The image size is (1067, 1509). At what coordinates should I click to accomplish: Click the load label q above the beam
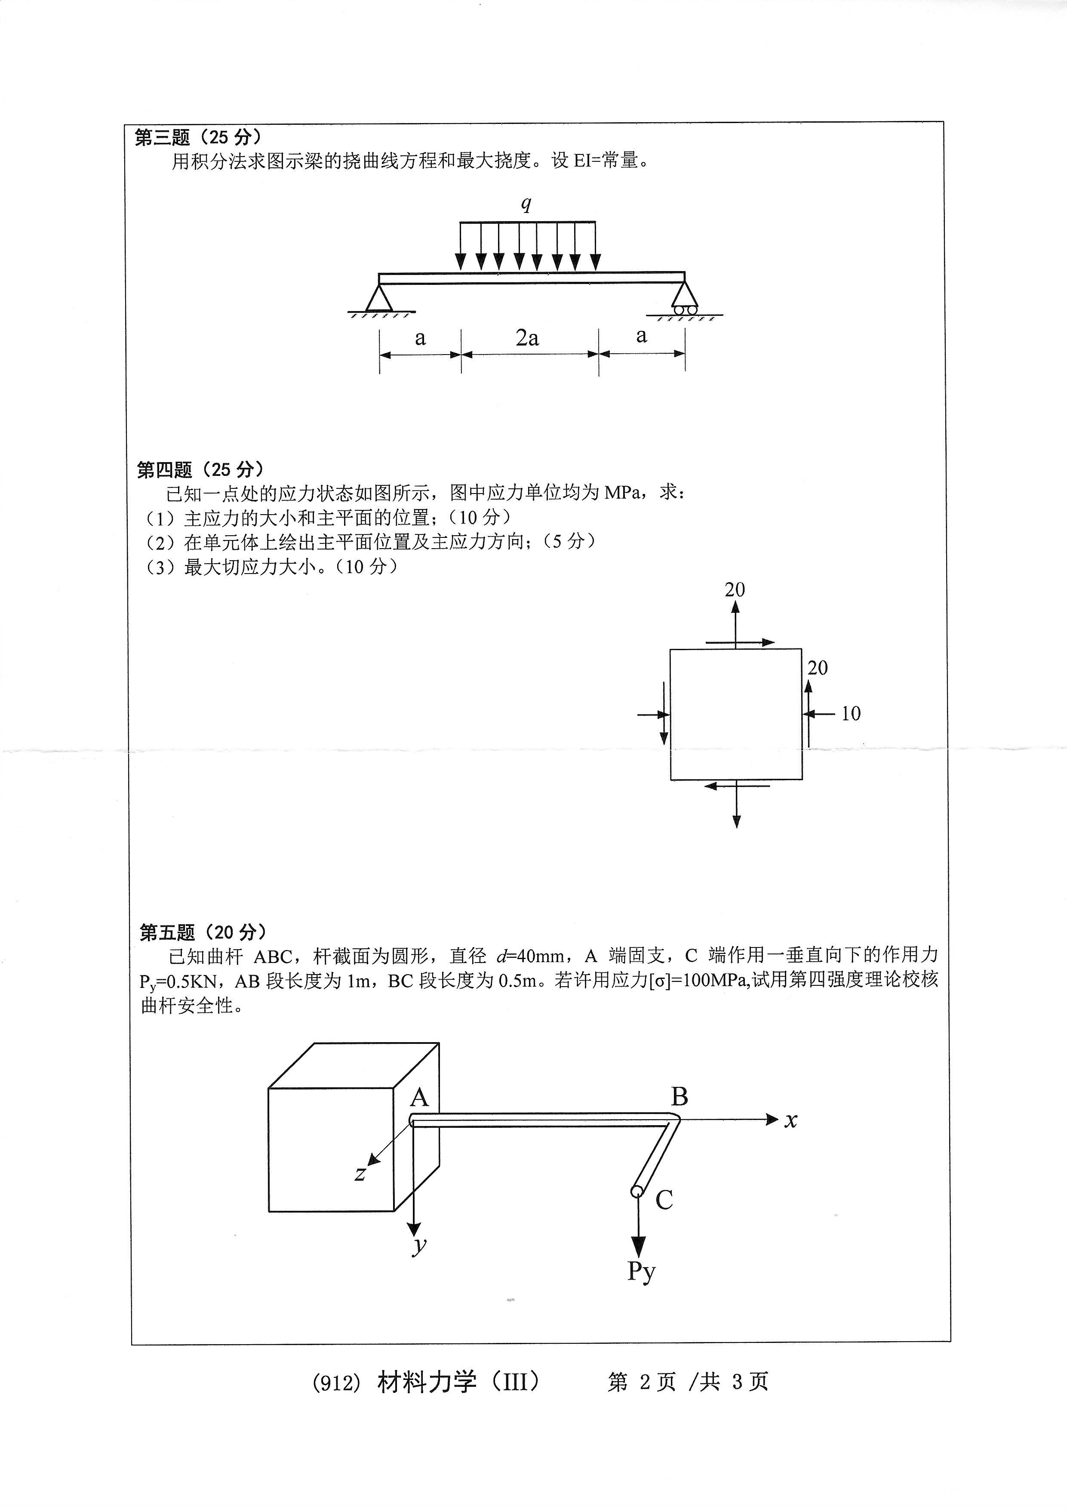(x=526, y=204)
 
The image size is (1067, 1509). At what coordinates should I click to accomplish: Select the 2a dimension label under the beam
(x=527, y=338)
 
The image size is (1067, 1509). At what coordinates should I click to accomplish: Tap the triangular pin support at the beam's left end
(x=379, y=298)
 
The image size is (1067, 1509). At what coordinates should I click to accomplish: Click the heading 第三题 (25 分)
(x=198, y=137)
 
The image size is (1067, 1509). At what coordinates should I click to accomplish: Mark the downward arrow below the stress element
(x=737, y=805)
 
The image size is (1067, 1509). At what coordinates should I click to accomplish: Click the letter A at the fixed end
(x=419, y=1098)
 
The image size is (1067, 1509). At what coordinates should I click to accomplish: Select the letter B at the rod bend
(x=680, y=1096)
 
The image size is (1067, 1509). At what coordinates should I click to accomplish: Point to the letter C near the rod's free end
(x=664, y=1200)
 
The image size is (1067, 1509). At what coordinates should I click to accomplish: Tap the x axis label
(x=790, y=1120)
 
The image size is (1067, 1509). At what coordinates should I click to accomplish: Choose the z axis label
(x=360, y=1173)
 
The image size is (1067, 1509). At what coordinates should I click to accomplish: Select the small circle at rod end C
(x=637, y=1191)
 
